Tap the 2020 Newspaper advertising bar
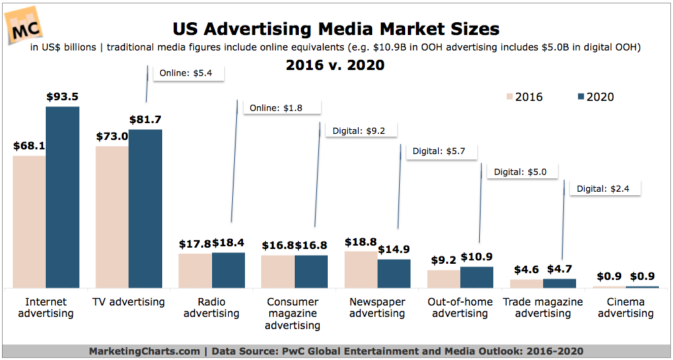pyautogui.click(x=394, y=274)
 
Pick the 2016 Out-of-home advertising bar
pyautogui.click(x=444, y=279)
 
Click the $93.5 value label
pyautogui.click(x=63, y=97)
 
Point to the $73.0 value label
pyautogui.click(x=112, y=136)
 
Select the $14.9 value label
pyautogui.click(x=394, y=250)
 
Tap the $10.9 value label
pyautogui.click(x=476, y=257)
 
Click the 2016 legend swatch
pyautogui.click(x=509, y=97)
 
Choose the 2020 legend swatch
pyautogui.click(x=582, y=97)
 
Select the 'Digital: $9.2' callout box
pyautogui.click(x=359, y=131)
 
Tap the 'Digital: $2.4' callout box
pyautogui.click(x=606, y=189)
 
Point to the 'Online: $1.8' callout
pyautogui.click(x=281, y=108)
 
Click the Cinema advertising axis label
pyautogui.click(x=626, y=308)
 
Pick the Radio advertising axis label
pyautogui.click(x=212, y=308)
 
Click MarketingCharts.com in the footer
pyautogui.click(x=143, y=351)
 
